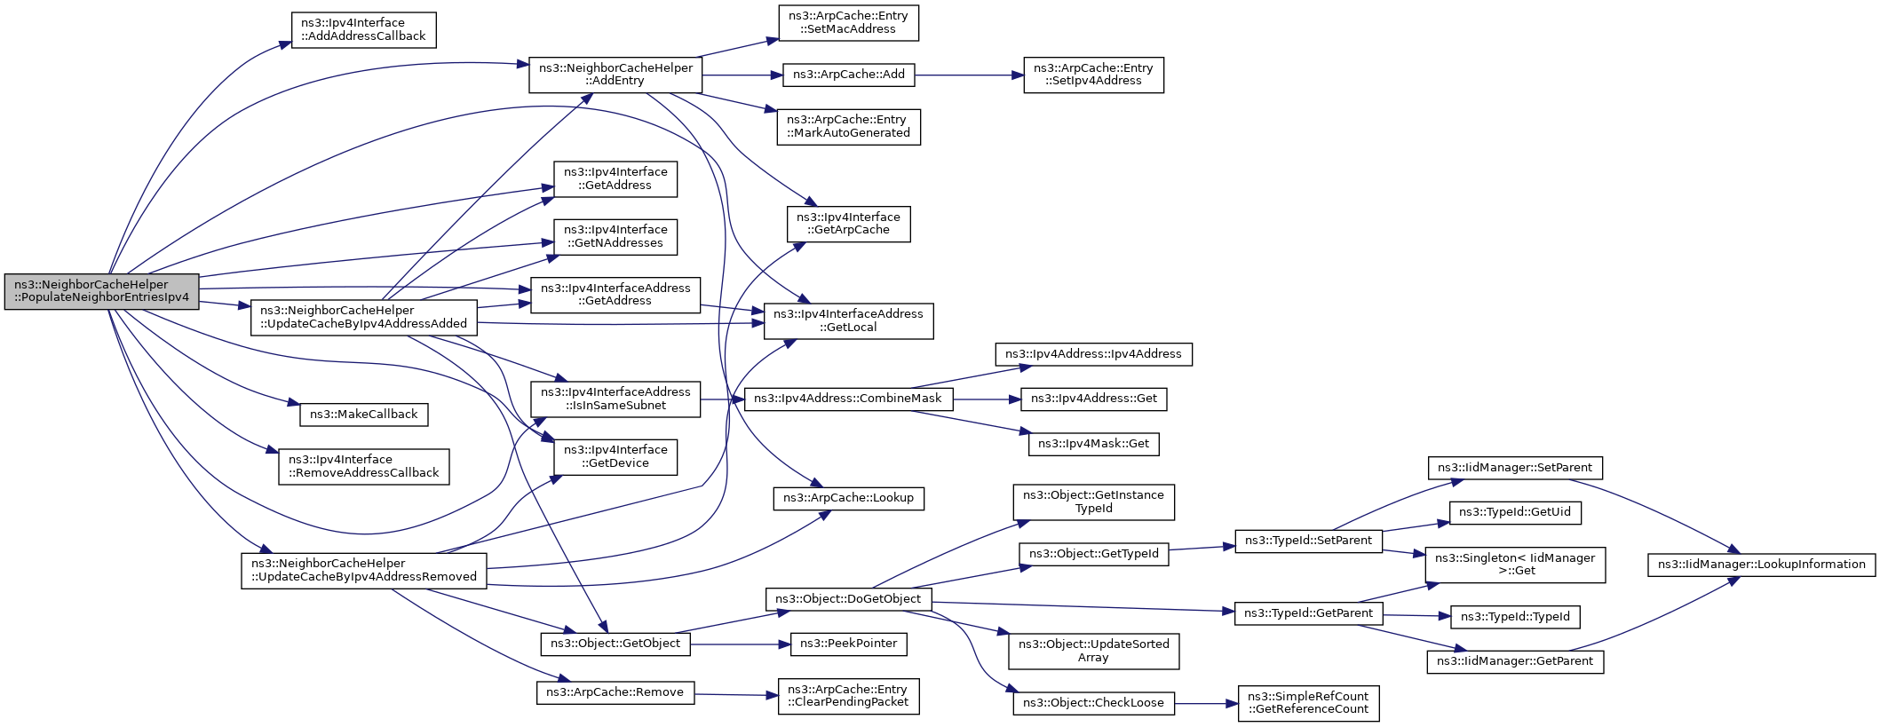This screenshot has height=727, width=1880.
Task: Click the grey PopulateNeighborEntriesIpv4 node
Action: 101,291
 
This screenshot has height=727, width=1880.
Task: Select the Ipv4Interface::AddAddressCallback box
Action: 363,30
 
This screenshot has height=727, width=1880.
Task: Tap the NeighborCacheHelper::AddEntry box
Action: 615,75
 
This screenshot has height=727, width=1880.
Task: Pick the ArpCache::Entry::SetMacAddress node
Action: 848,23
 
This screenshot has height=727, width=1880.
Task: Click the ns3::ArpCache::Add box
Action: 849,75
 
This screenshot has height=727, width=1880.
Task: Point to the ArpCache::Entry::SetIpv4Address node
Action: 1093,75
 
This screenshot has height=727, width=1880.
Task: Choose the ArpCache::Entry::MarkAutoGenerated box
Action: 848,127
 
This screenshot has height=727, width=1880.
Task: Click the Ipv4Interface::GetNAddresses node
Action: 615,237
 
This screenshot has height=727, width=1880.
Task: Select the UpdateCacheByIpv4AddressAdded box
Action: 364,318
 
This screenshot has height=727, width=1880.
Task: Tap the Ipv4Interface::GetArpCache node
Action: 848,224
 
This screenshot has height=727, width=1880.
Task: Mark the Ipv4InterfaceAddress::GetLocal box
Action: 848,321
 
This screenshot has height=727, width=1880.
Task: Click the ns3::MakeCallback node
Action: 364,415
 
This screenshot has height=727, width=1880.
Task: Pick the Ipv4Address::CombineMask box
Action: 848,399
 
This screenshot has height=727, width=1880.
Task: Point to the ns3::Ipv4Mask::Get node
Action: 1093,444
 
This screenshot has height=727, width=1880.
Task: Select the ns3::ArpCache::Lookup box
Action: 848,499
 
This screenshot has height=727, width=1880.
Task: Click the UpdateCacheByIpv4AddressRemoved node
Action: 364,571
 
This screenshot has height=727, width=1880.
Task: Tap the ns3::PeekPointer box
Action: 848,644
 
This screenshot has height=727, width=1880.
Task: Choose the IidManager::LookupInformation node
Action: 1761,565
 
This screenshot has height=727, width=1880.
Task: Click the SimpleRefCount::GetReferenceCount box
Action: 1308,703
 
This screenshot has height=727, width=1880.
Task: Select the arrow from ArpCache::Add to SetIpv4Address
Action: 969,75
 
